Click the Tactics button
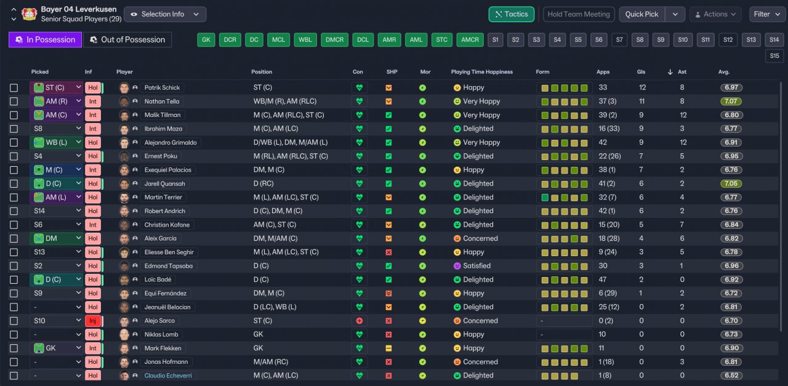coord(511,14)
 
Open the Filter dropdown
coord(767,14)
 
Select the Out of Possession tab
coord(127,39)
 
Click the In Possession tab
coord(45,39)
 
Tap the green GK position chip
coord(206,39)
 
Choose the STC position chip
coord(441,39)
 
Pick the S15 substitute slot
coord(774,56)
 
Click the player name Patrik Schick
coord(162,87)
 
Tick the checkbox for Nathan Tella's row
coord(14,102)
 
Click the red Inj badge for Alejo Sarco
coord(93,321)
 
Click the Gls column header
coord(641,72)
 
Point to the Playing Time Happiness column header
coord(481,72)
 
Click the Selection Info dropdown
coord(165,14)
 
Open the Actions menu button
coord(715,14)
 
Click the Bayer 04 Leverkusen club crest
coord(30,14)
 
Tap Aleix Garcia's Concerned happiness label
coord(480,238)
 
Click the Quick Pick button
coord(641,14)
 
